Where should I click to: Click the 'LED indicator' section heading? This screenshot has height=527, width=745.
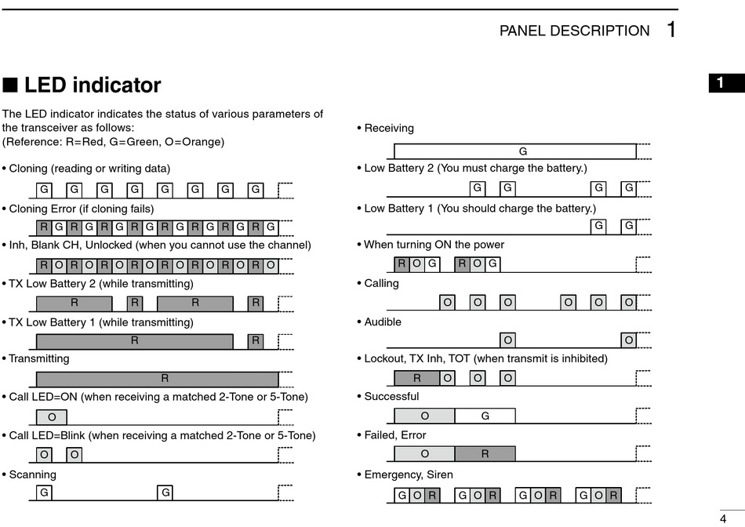point(92,85)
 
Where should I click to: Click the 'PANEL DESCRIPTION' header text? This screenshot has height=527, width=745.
point(574,31)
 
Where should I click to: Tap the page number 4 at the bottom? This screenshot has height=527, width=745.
point(722,518)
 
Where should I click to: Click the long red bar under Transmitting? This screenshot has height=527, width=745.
point(157,379)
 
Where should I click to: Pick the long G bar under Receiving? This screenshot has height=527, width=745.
point(514,151)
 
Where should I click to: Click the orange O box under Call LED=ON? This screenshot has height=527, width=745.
point(52,417)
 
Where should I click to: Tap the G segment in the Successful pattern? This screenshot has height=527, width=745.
point(485,416)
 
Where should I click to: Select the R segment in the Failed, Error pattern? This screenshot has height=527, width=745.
point(485,453)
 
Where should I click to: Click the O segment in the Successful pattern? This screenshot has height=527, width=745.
point(424,416)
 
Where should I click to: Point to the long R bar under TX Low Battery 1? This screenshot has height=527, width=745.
point(135,341)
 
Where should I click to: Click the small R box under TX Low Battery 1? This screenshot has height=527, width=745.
point(256,341)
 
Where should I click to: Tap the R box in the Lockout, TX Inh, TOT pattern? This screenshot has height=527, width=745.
point(416,378)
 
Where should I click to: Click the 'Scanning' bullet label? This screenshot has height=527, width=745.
point(32,474)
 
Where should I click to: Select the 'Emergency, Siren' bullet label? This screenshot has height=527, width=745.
point(408,474)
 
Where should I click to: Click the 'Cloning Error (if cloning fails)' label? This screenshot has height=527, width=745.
point(81,209)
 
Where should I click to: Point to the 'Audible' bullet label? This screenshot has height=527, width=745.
point(382,322)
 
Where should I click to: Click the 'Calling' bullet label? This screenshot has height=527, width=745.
point(381,283)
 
